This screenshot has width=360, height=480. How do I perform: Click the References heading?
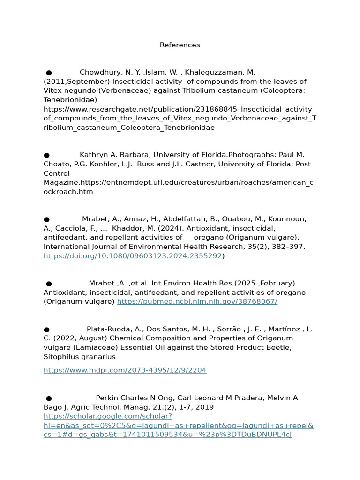pyautogui.click(x=180, y=45)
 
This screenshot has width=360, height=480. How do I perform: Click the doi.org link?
pyautogui.click(x=132, y=256)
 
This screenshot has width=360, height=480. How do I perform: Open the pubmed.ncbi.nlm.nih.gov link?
pyautogui.click(x=197, y=301)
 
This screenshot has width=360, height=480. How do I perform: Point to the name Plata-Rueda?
pyautogui.click(x=107, y=329)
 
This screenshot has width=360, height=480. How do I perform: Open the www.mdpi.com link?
pyautogui.click(x=125, y=370)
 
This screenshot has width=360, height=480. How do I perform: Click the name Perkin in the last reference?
pyautogui.click(x=107, y=398)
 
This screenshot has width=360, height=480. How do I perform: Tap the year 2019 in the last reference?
pyautogui.click(x=205, y=407)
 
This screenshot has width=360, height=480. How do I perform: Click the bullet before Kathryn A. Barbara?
pyautogui.click(x=46, y=155)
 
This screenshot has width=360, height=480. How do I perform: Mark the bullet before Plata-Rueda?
pyautogui.click(x=46, y=330)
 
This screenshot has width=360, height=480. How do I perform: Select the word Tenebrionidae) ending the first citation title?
pyautogui.click(x=70, y=100)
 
